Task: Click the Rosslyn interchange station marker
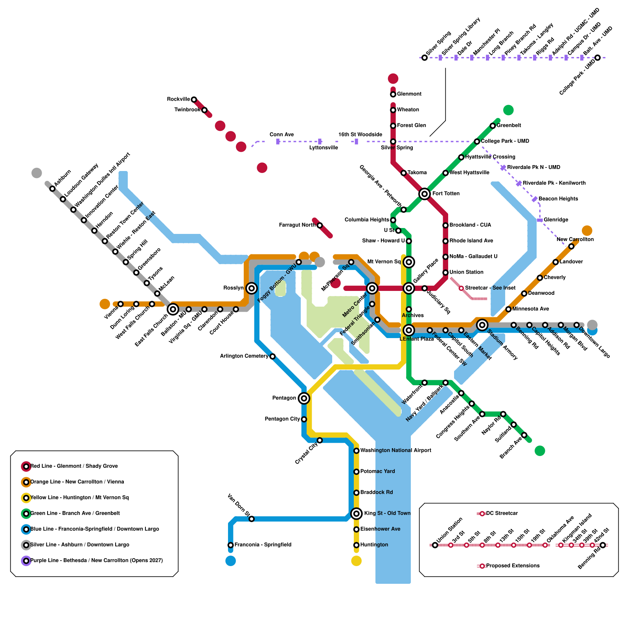pyautogui.click(x=252, y=288)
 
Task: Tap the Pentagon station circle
pyautogui.click(x=303, y=398)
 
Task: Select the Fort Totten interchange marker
pyautogui.click(x=424, y=194)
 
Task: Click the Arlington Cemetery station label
pyautogui.click(x=244, y=356)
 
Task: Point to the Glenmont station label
pyautogui.click(x=409, y=94)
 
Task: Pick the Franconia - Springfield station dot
pyautogui.click(x=231, y=545)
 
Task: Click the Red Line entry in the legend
pyautogui.click(x=74, y=466)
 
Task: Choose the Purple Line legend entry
pyautogui.click(x=96, y=561)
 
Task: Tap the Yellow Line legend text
pyautogui.click(x=79, y=498)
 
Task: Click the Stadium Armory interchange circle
pyautogui.click(x=482, y=325)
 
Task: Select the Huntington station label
pyautogui.click(x=374, y=545)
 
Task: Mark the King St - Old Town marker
pyautogui.click(x=357, y=513)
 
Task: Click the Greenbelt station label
pyautogui.click(x=509, y=125)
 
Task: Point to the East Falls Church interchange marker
pyautogui.click(x=173, y=309)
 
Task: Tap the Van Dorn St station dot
pyautogui.click(x=252, y=519)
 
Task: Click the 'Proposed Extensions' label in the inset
pyautogui.click(x=513, y=566)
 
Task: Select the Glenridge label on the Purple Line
pyautogui.click(x=555, y=220)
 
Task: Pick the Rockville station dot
pyautogui.click(x=194, y=99)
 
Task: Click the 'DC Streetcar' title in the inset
pyautogui.click(x=502, y=513)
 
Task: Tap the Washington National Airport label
pyautogui.click(x=395, y=451)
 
